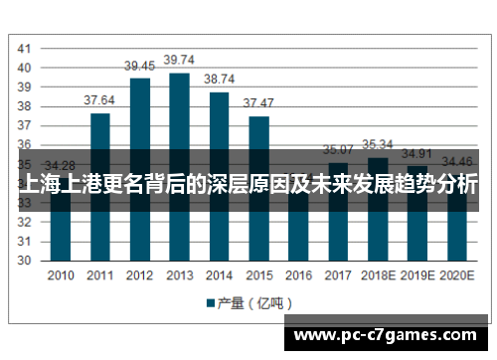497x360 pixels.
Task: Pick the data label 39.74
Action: [x=179, y=60]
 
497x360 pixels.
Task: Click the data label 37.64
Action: [x=99, y=100]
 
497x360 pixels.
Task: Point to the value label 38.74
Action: [x=220, y=79]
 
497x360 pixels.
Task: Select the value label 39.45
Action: [x=139, y=66]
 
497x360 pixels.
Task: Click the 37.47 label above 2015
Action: [x=258, y=103]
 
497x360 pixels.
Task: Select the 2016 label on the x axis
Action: [x=298, y=276]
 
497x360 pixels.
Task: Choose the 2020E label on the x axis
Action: [x=456, y=276]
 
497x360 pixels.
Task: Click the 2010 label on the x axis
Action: [x=61, y=276]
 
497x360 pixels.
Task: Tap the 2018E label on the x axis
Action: [x=378, y=276]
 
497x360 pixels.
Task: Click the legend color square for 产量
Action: [x=211, y=302]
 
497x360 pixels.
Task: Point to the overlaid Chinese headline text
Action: [x=248, y=185]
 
